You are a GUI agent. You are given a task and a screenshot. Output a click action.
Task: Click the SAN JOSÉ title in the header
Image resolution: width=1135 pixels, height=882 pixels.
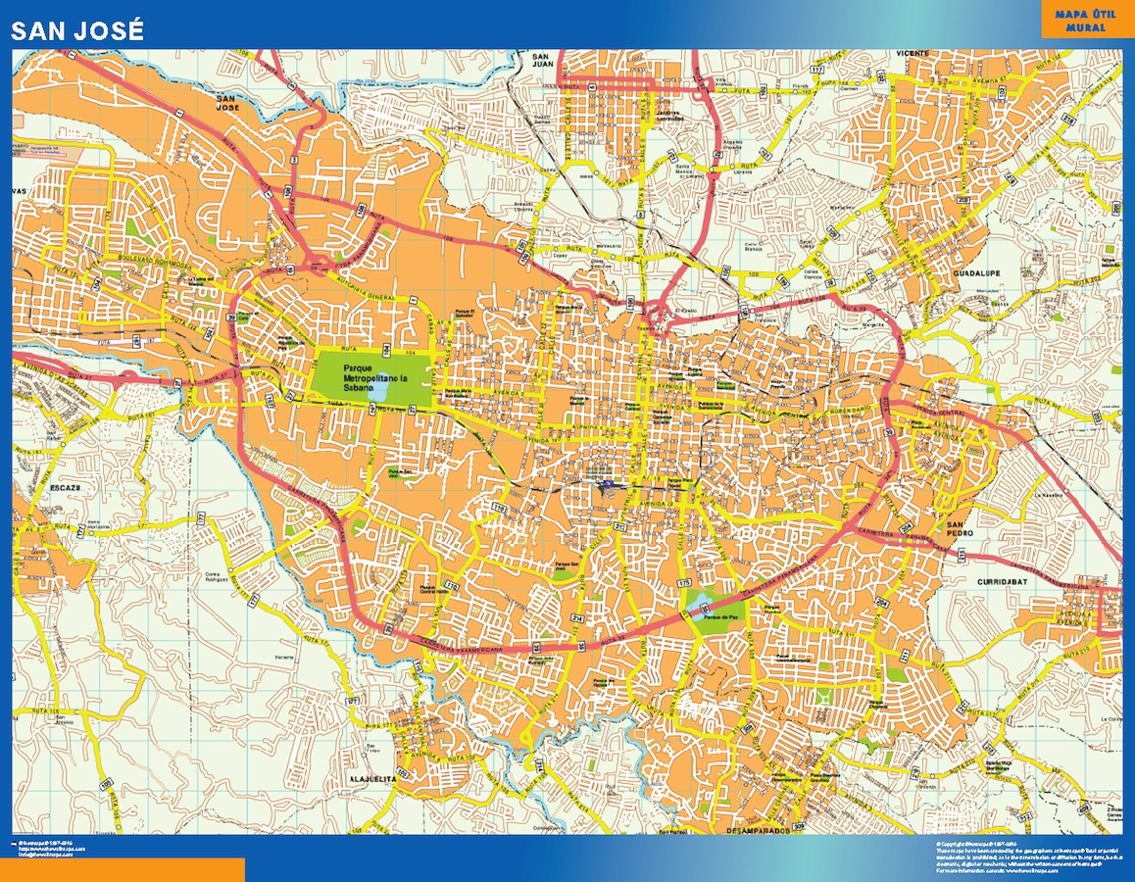(x=77, y=31)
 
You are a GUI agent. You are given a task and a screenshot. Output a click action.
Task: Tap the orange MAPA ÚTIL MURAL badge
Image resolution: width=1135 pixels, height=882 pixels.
(x=1080, y=21)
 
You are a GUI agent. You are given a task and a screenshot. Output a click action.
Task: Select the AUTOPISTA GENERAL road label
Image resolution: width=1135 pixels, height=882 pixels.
(x=365, y=297)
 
